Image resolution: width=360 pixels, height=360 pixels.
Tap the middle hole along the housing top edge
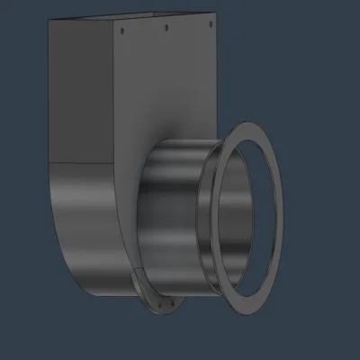[166, 27]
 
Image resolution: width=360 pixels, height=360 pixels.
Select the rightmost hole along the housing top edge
[208, 24]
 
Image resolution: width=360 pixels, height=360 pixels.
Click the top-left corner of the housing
[50, 22]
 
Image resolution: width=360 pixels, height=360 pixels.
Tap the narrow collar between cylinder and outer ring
[209, 225]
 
